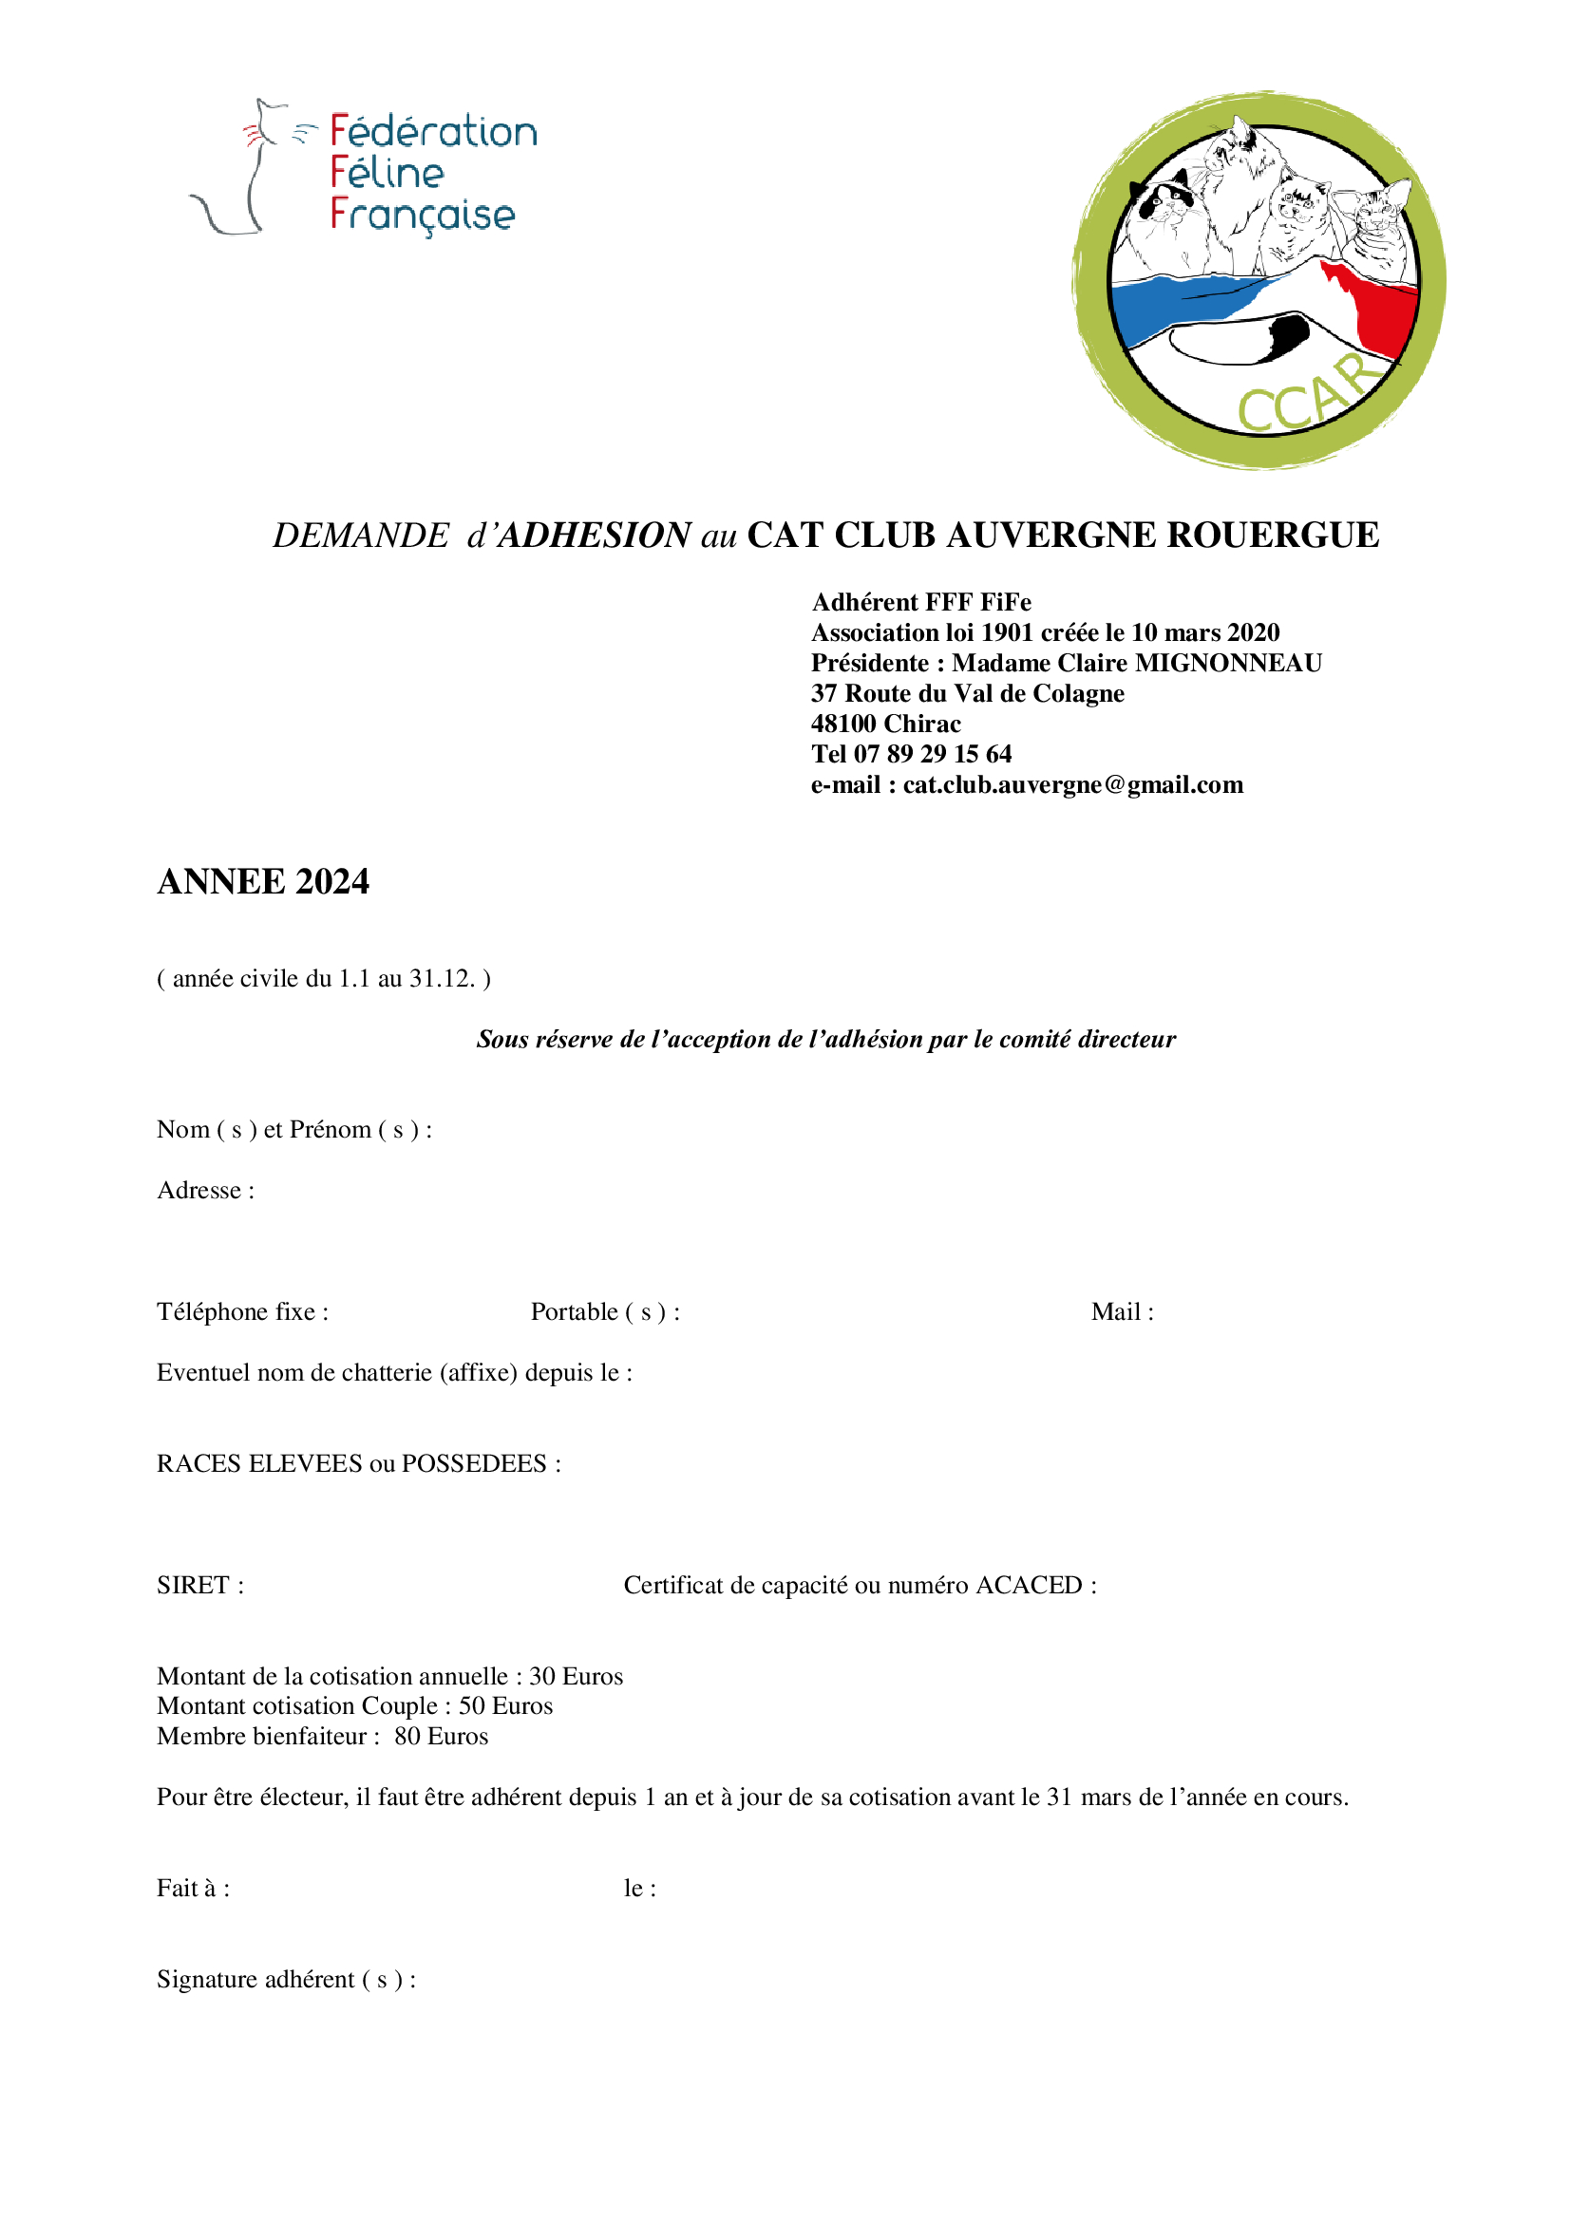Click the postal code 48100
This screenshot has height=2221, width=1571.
click(x=843, y=724)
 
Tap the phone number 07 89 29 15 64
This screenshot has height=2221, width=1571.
click(x=933, y=754)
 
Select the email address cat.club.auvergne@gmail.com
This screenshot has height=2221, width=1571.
click(x=1072, y=784)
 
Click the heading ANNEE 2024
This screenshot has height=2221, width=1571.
click(x=263, y=881)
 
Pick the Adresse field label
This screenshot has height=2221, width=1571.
click(x=205, y=1190)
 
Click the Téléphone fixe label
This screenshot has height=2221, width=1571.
click(x=242, y=1311)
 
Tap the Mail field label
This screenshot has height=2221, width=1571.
click(x=1121, y=1311)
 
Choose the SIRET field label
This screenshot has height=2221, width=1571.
click(x=199, y=1585)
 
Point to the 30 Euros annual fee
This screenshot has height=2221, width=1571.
click(x=576, y=1675)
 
